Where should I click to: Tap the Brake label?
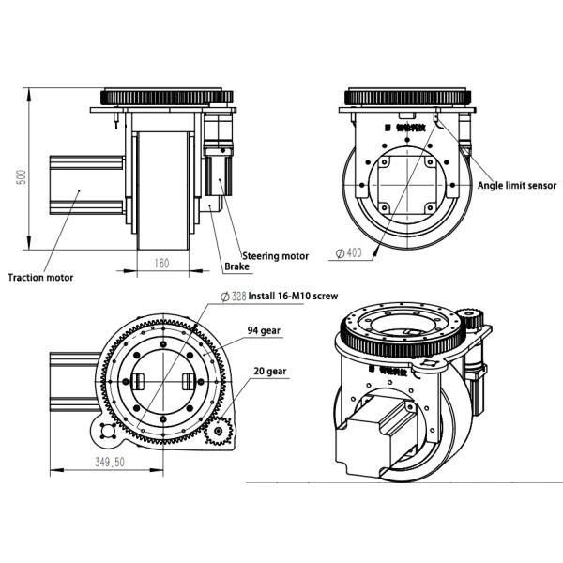coord(236,266)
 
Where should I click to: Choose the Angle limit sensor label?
coord(517,186)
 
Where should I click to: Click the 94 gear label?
coord(266,331)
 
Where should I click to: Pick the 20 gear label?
coord(269,372)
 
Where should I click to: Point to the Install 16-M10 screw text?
coord(293,296)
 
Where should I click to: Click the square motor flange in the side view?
coord(407,183)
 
